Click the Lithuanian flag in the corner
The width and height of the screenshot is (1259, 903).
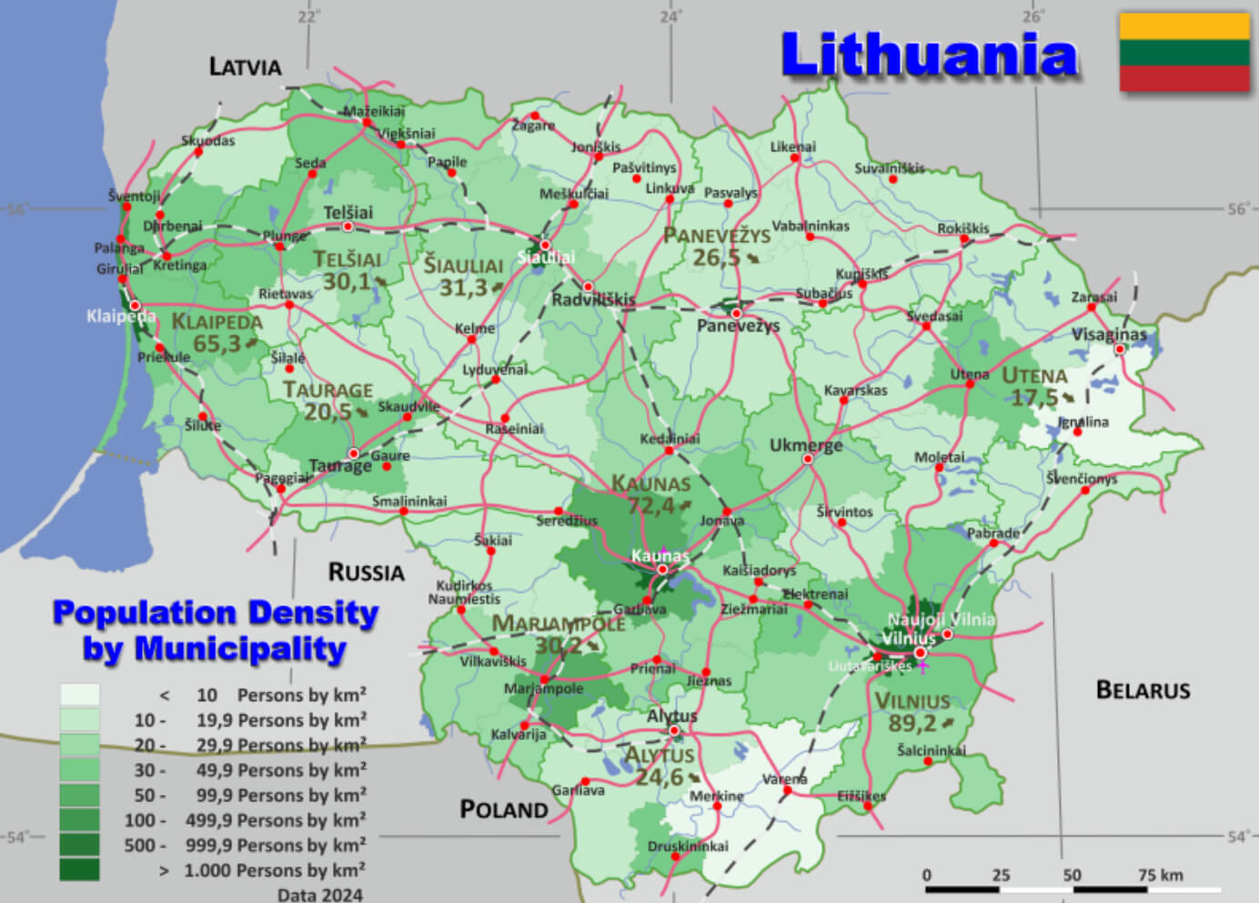pyautogui.click(x=1183, y=52)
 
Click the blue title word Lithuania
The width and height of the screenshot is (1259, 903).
pyautogui.click(x=929, y=55)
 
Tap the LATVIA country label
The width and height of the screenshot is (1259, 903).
pyautogui.click(x=245, y=66)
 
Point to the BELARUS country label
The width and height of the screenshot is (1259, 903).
pyautogui.click(x=1143, y=690)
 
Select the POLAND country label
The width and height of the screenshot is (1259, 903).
pyautogui.click(x=503, y=809)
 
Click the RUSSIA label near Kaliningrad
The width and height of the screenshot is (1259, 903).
pyautogui.click(x=366, y=572)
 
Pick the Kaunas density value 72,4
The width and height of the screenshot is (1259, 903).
pyautogui.click(x=651, y=505)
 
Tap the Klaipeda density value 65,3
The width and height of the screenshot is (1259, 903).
pyautogui.click(x=217, y=344)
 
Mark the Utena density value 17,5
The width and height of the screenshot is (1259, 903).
pyautogui.click(x=1035, y=398)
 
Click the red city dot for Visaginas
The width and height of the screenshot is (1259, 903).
pyautogui.click(x=1120, y=349)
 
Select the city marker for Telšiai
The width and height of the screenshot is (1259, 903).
pyautogui.click(x=347, y=227)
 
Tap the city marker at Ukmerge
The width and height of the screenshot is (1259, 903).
pyautogui.click(x=807, y=459)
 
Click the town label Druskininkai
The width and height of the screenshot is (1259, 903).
pyautogui.click(x=688, y=846)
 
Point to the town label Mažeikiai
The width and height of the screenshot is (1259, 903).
pyautogui.click(x=374, y=111)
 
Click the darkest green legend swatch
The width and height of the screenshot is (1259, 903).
pyautogui.click(x=79, y=869)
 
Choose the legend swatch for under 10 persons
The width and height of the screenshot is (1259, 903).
pyautogui.click(x=79, y=695)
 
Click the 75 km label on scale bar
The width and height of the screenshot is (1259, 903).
pyautogui.click(x=1160, y=875)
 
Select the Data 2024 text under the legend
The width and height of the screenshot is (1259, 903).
pyautogui.click(x=319, y=894)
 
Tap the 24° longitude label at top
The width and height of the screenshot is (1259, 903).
pyautogui.click(x=670, y=16)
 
